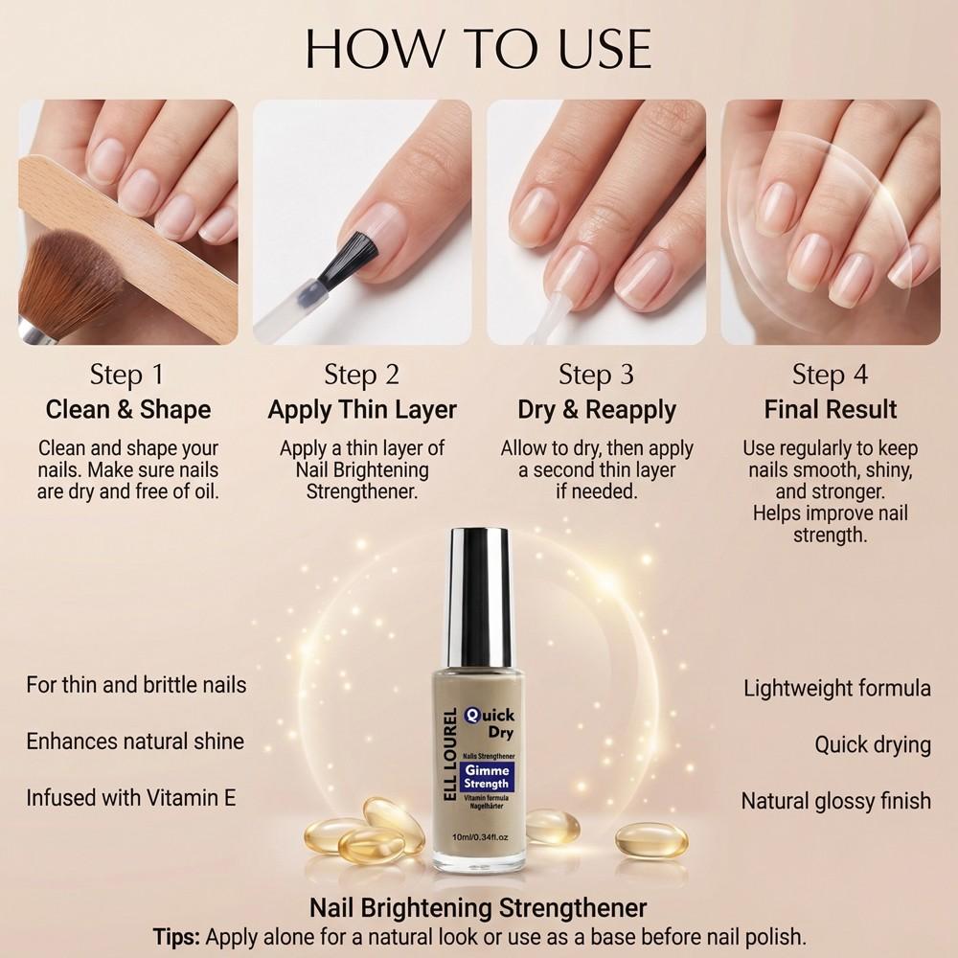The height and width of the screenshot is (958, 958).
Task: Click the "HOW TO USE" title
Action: (x=478, y=48)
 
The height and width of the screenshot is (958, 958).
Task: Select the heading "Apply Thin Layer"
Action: (x=362, y=410)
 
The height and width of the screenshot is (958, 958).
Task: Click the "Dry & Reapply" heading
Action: (x=597, y=410)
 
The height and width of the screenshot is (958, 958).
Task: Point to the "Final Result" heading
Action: (x=831, y=410)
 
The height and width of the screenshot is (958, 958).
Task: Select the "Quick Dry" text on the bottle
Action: (x=490, y=722)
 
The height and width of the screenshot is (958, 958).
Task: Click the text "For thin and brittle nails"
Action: (x=136, y=685)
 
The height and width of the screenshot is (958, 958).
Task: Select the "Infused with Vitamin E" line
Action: (x=131, y=797)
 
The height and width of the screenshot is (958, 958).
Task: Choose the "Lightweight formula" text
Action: (x=837, y=688)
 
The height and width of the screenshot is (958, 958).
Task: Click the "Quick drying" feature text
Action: (x=873, y=744)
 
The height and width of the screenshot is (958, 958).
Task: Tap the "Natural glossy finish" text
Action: (x=836, y=800)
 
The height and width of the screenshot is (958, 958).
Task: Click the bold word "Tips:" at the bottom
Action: (x=177, y=936)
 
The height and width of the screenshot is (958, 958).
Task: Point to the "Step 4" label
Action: (x=830, y=374)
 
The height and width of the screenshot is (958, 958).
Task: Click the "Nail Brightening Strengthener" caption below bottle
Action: (x=478, y=907)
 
